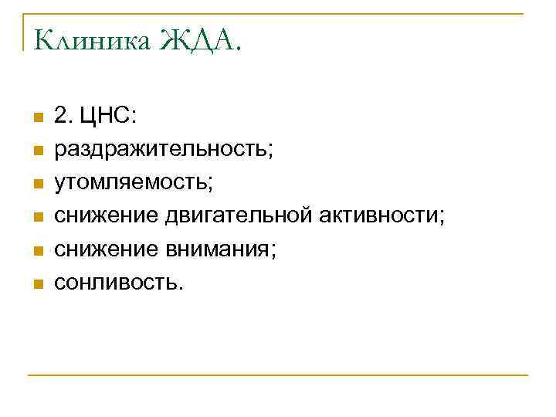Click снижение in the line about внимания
[x=103, y=250]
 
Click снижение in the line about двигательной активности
[x=103, y=217]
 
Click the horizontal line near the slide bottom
[x=278, y=375]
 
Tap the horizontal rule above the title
[x=278, y=13]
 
